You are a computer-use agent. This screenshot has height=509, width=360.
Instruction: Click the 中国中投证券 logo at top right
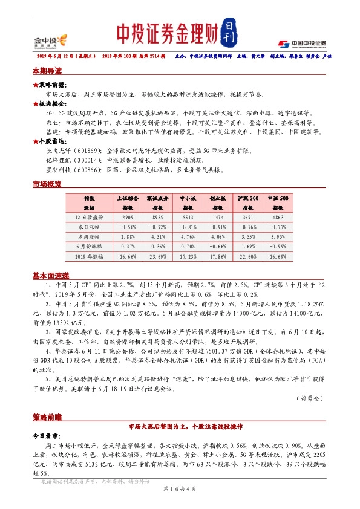pyautogui.click(x=302, y=44)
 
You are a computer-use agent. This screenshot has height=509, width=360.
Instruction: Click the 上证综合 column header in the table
pyautogui.click(x=128, y=198)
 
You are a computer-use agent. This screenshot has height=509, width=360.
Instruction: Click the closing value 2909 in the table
pyautogui.click(x=128, y=216)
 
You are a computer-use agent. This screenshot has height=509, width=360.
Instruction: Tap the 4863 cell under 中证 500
pyautogui.click(x=278, y=216)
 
